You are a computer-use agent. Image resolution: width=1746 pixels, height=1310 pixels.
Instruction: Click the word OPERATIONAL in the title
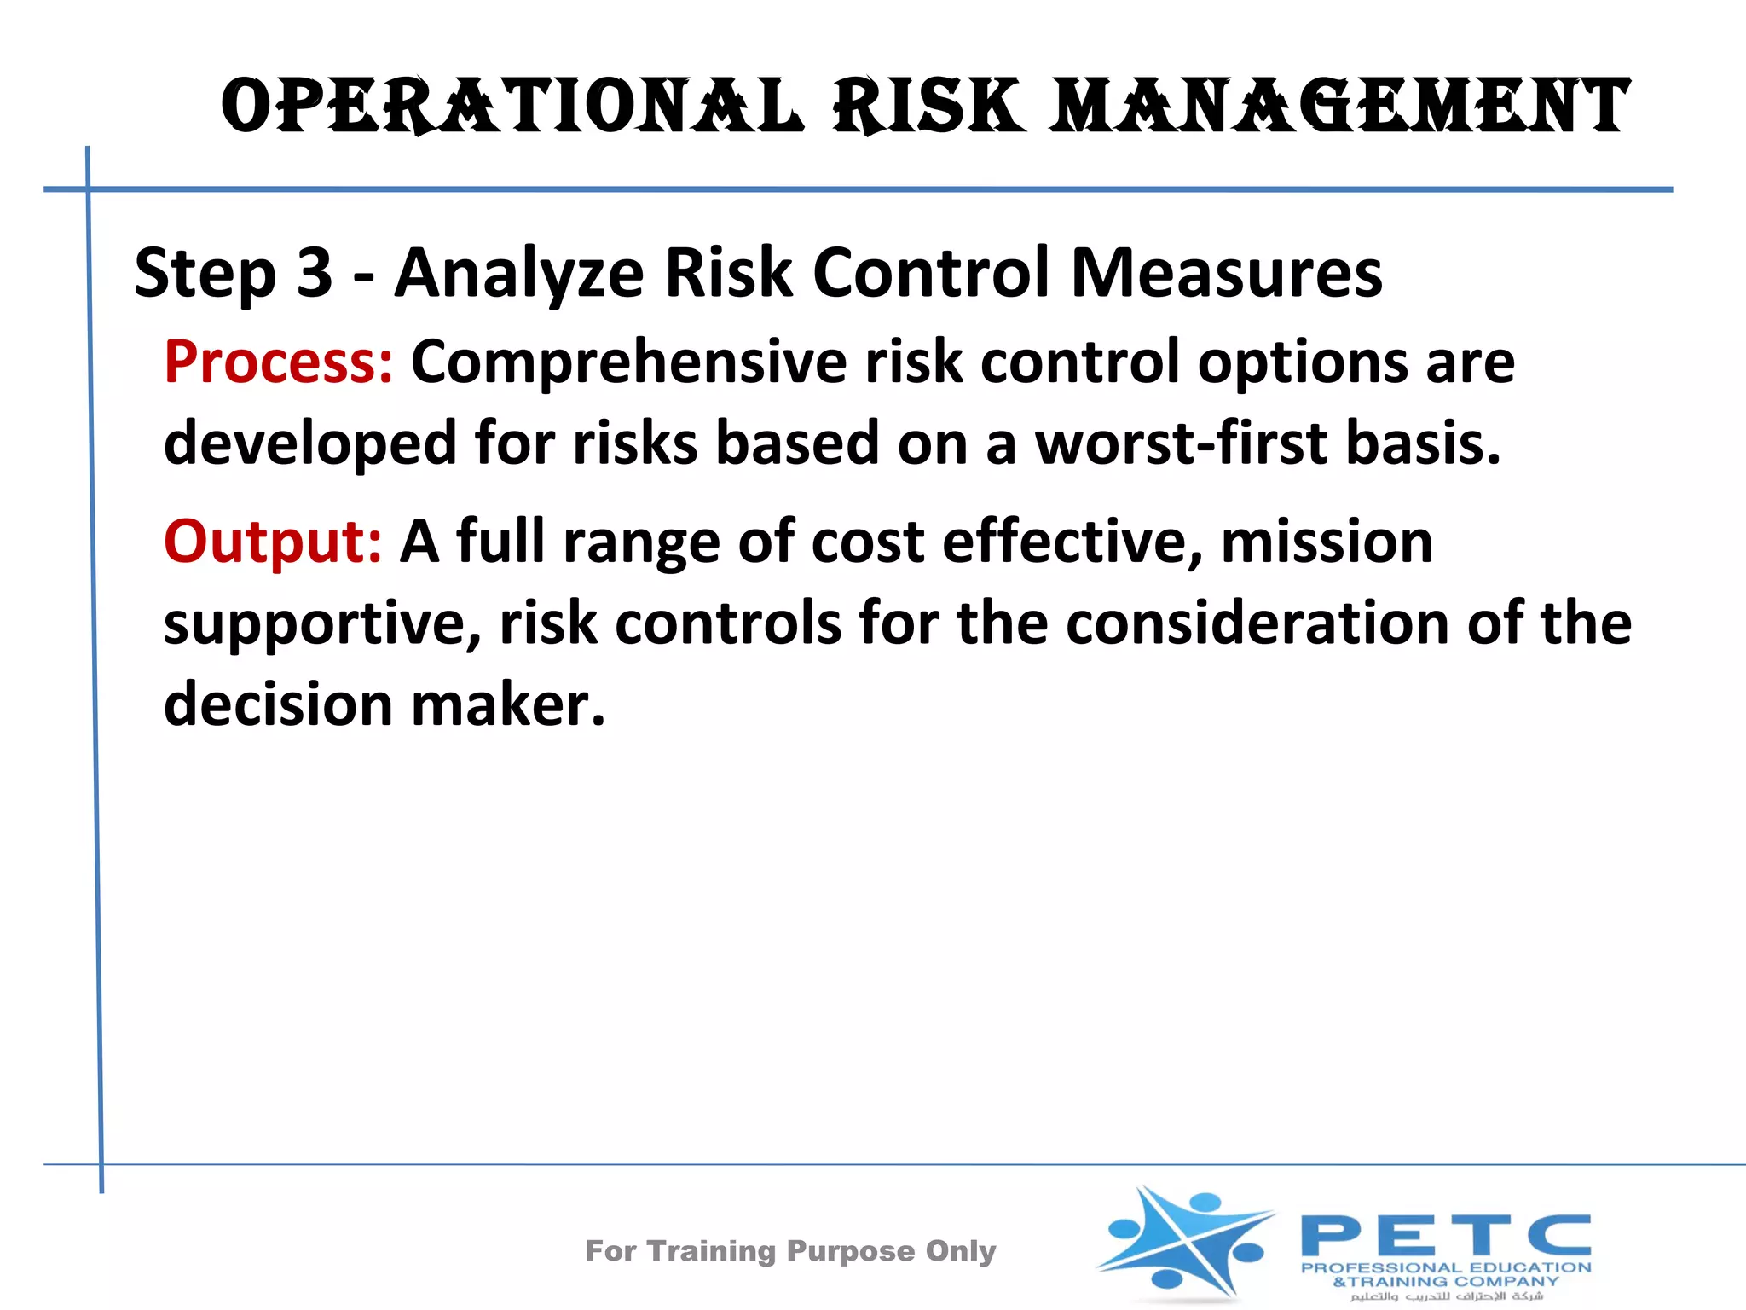click(x=512, y=107)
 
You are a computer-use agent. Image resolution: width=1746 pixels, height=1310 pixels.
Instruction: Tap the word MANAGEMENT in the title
click(x=1338, y=107)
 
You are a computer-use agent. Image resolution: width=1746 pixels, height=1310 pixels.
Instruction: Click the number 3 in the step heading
click(x=314, y=273)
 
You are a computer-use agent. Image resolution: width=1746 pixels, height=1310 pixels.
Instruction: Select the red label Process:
click(x=279, y=362)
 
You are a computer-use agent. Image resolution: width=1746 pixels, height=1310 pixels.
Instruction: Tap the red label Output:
click(x=273, y=542)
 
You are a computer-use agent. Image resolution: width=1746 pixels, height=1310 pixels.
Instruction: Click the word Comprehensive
click(x=628, y=362)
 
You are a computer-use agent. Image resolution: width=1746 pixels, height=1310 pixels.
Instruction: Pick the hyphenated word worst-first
click(x=1181, y=443)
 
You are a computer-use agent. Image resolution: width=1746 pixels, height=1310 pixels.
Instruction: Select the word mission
click(x=1327, y=542)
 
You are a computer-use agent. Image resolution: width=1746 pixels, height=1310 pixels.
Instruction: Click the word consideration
click(x=1257, y=623)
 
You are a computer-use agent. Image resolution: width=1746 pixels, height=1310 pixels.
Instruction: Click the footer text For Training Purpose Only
click(x=790, y=1251)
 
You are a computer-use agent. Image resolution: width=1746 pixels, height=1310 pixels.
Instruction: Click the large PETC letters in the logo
click(x=1445, y=1236)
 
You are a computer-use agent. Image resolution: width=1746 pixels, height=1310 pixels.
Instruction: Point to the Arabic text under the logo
click(x=1446, y=1296)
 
